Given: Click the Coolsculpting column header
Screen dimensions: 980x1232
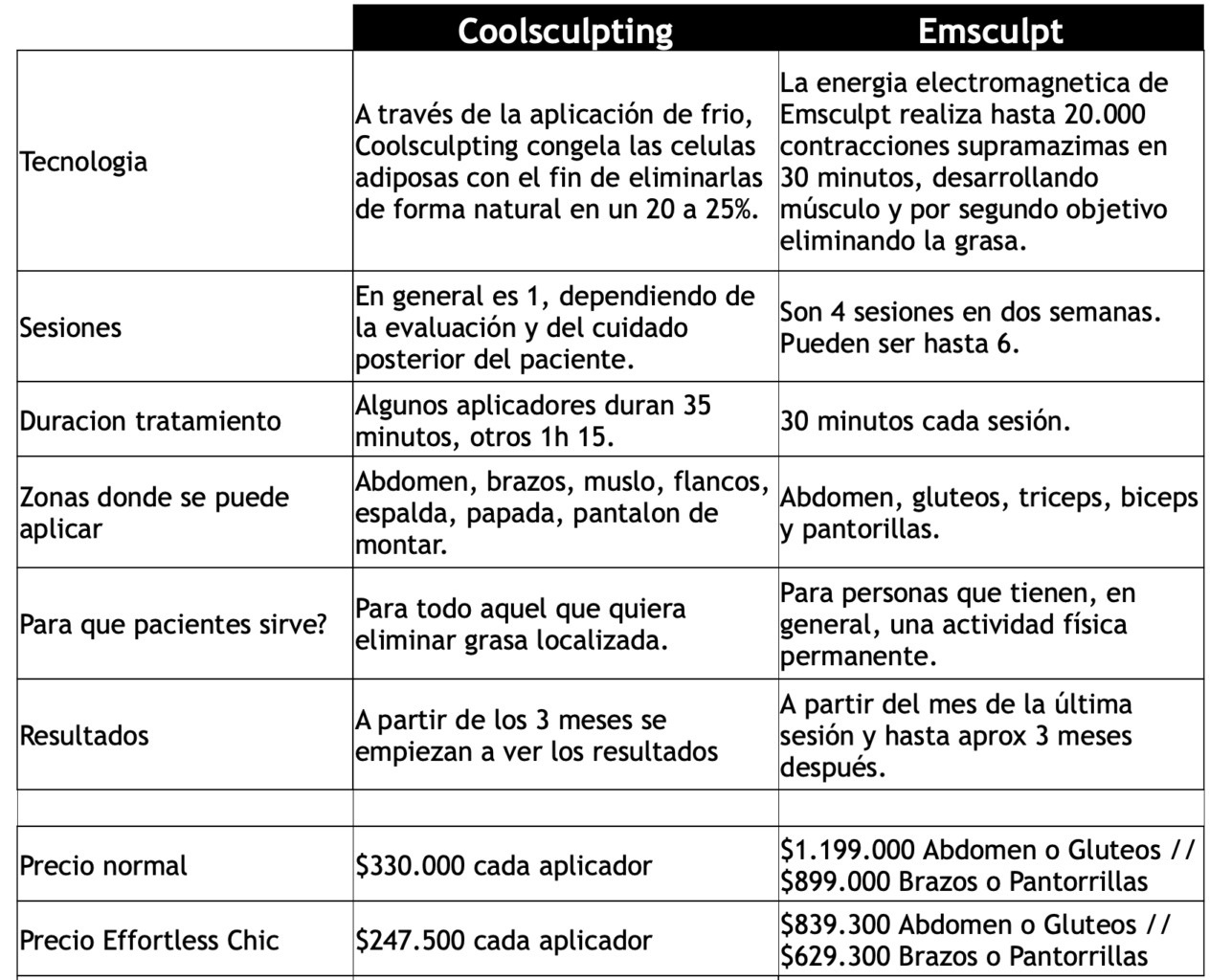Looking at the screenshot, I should pyautogui.click(x=565, y=30).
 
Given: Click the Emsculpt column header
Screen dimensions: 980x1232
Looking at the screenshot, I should pyautogui.click(x=990, y=30).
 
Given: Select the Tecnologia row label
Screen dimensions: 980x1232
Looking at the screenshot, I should pyautogui.click(x=84, y=161).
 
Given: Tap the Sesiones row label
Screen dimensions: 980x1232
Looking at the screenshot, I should pyautogui.click(x=71, y=327).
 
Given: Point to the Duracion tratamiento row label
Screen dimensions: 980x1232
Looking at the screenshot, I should pyautogui.click(x=150, y=421).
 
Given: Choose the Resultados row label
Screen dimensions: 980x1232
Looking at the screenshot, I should pyautogui.click(x=84, y=735).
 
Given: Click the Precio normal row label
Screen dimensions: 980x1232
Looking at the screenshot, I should pyautogui.click(x=103, y=865).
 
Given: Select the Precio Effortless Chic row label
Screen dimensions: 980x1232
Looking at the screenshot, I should pyautogui.click(x=149, y=940).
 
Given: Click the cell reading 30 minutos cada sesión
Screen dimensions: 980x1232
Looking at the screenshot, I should pyautogui.click(x=925, y=421).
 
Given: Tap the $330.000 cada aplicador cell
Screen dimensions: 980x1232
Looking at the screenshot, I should pyautogui.click(x=504, y=865).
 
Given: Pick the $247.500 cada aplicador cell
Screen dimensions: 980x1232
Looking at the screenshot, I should pyautogui.click(x=504, y=940).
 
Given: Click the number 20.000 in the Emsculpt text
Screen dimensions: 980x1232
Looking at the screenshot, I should pyautogui.click(x=1104, y=114).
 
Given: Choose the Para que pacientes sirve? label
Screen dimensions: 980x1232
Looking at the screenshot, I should pyautogui.click(x=173, y=624).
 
